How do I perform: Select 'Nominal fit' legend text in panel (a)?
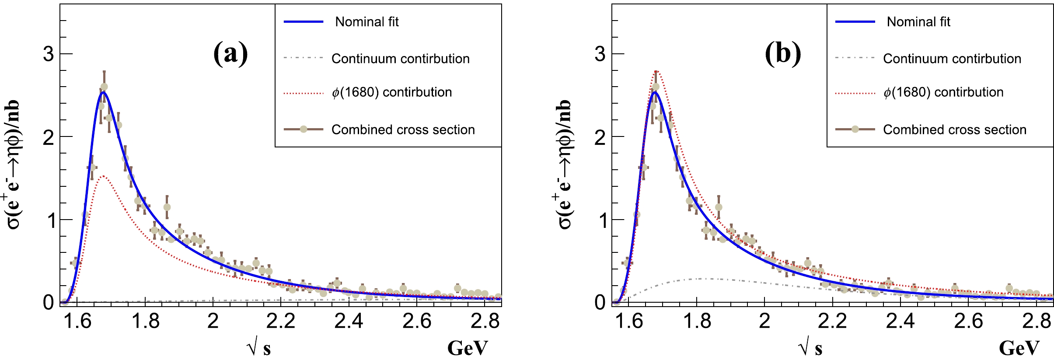tap(366, 22)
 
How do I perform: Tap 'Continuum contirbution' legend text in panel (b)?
tap(952, 59)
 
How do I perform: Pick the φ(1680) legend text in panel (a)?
tap(391, 92)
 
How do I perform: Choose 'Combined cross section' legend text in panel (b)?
tap(954, 129)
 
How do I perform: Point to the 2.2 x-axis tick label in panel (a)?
tap(281, 322)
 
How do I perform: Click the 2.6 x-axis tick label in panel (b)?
tap(968, 322)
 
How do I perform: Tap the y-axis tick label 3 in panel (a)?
tap(49, 54)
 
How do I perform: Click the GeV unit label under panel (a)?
tap(467, 348)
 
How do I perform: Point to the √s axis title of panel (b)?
tap(810, 348)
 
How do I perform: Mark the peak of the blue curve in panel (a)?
tap(103, 92)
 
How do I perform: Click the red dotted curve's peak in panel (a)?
tap(103, 176)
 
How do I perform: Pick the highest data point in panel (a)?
tap(104, 87)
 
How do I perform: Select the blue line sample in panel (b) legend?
tap(855, 22)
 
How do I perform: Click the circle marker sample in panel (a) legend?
tap(304, 129)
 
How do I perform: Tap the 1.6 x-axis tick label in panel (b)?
tap(628, 322)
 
